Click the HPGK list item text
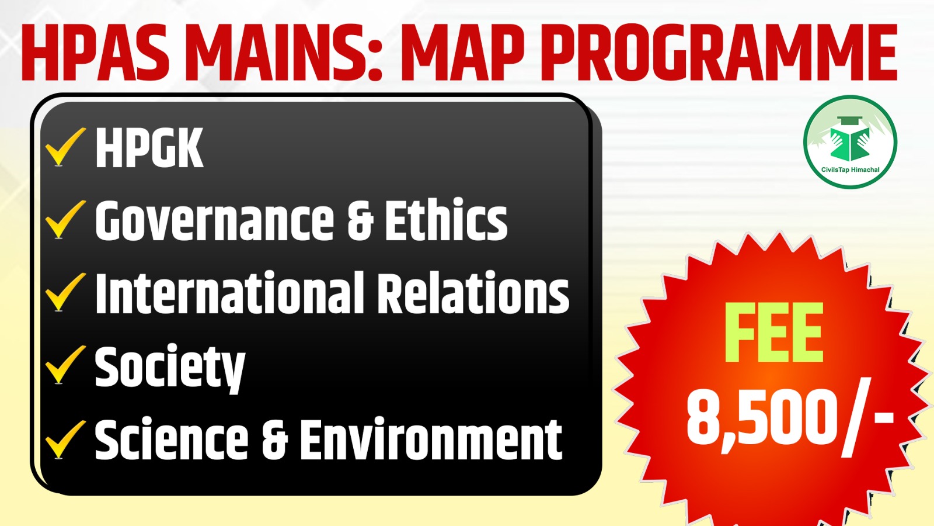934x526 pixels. [x=149, y=148]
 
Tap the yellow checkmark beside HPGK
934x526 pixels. [x=64, y=147]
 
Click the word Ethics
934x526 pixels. [x=446, y=220]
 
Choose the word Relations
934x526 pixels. [x=472, y=293]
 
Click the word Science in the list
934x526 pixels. [x=172, y=440]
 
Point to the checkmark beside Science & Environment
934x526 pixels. [x=64, y=440]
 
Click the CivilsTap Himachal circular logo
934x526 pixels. [x=850, y=142]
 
